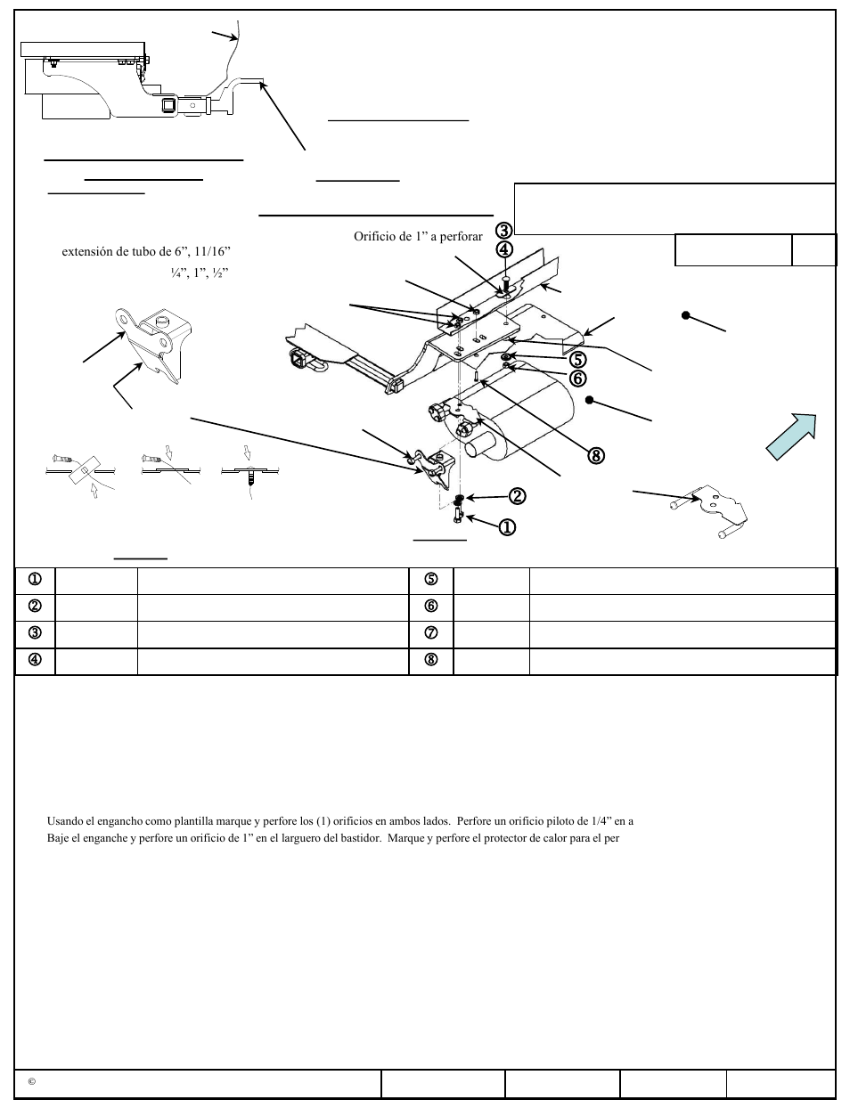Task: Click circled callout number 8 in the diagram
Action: coord(596,455)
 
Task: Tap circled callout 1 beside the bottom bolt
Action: coord(507,526)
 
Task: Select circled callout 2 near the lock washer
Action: coord(517,495)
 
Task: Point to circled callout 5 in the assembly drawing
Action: coord(578,360)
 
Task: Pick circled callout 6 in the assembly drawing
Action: coord(578,379)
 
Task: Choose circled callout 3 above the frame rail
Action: coord(504,231)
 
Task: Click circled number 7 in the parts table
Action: coord(431,633)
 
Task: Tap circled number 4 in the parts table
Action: coord(35,661)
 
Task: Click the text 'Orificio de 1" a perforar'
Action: coord(418,237)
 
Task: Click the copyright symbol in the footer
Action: coord(31,1082)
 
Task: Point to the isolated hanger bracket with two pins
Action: coord(709,511)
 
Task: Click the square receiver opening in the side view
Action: coord(168,106)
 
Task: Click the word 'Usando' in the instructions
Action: coord(64,821)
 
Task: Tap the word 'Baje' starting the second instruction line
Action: coord(57,838)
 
